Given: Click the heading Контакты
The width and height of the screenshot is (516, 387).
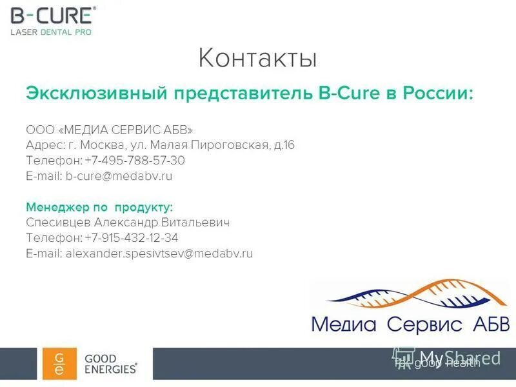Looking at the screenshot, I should click(257, 58).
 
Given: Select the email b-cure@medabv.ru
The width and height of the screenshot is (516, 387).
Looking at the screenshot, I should click(119, 176).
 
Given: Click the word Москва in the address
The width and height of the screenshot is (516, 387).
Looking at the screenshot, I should click(114, 145).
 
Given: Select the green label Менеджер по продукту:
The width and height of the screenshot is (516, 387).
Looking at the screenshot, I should click(99, 207).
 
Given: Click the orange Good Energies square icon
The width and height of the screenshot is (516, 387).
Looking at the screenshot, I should click(59, 364).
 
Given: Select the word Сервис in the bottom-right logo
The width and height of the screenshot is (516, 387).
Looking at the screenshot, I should click(425, 324).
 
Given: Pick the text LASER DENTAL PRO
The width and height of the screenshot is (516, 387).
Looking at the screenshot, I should click(50, 32).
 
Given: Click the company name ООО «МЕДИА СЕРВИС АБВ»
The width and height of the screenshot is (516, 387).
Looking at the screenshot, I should click(109, 130).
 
